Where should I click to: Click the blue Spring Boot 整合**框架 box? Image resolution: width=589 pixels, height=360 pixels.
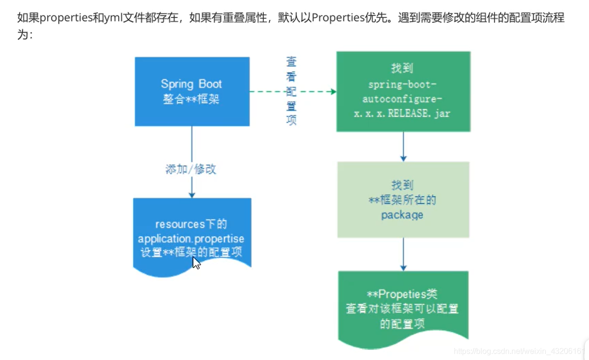[192, 92]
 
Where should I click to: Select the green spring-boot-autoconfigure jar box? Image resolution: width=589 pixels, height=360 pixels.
[403, 91]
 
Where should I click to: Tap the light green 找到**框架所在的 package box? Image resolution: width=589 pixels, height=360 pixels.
[403, 200]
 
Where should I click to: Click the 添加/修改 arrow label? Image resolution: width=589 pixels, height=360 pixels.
[191, 170]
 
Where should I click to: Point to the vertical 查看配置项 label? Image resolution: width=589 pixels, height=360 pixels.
[291, 91]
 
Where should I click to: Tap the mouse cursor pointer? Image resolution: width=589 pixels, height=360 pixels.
[196, 263]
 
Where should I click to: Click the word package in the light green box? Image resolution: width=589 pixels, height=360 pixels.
[402, 215]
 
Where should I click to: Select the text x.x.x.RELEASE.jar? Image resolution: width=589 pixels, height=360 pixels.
[402, 114]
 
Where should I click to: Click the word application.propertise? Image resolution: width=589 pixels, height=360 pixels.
[191, 239]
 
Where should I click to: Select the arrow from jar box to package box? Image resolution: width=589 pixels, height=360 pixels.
[403, 146]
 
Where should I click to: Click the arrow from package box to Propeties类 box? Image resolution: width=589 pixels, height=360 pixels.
[403, 254]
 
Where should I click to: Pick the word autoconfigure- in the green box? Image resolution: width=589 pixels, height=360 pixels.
[402, 99]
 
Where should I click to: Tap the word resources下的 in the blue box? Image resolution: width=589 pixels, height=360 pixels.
[191, 224]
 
